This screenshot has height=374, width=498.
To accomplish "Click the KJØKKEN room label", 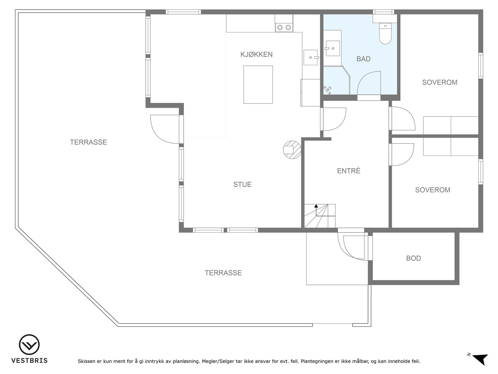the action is [x=256, y=55].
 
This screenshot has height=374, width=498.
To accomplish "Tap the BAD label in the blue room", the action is [x=364, y=59].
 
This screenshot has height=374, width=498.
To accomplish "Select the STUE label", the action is [x=242, y=185].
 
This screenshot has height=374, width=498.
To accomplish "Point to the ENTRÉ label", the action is [x=349, y=171].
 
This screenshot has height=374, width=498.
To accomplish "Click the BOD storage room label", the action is [x=413, y=258].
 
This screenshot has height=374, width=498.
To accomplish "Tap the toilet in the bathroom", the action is [x=385, y=34].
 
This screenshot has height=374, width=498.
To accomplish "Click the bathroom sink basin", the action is [x=333, y=48].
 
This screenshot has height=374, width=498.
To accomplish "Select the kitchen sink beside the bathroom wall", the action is [x=311, y=57].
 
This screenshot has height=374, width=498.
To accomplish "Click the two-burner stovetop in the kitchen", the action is [x=284, y=27].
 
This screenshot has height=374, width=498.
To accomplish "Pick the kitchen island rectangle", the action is [x=258, y=85].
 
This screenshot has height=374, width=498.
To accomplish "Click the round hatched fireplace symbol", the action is [x=292, y=150].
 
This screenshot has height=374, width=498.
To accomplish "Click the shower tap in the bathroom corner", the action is [x=327, y=90].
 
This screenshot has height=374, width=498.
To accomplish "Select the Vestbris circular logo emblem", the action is [x=29, y=345].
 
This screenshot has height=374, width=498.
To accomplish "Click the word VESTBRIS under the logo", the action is [x=30, y=360].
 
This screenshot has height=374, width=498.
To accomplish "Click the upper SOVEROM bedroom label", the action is [x=440, y=82].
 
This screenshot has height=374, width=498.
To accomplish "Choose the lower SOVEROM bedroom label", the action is [x=433, y=190].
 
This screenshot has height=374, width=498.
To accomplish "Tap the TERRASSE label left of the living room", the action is [x=88, y=142].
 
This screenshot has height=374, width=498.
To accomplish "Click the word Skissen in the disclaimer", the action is [x=87, y=361].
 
